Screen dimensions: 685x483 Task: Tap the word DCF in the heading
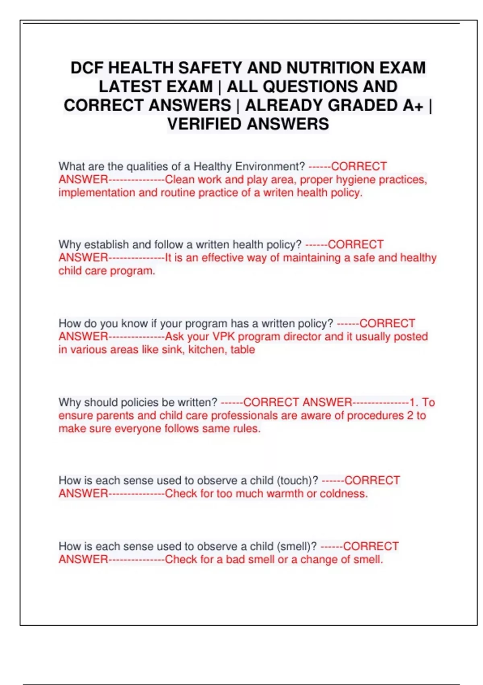(87, 68)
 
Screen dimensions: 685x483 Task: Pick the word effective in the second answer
(223, 258)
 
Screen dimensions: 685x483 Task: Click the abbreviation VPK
(223, 336)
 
